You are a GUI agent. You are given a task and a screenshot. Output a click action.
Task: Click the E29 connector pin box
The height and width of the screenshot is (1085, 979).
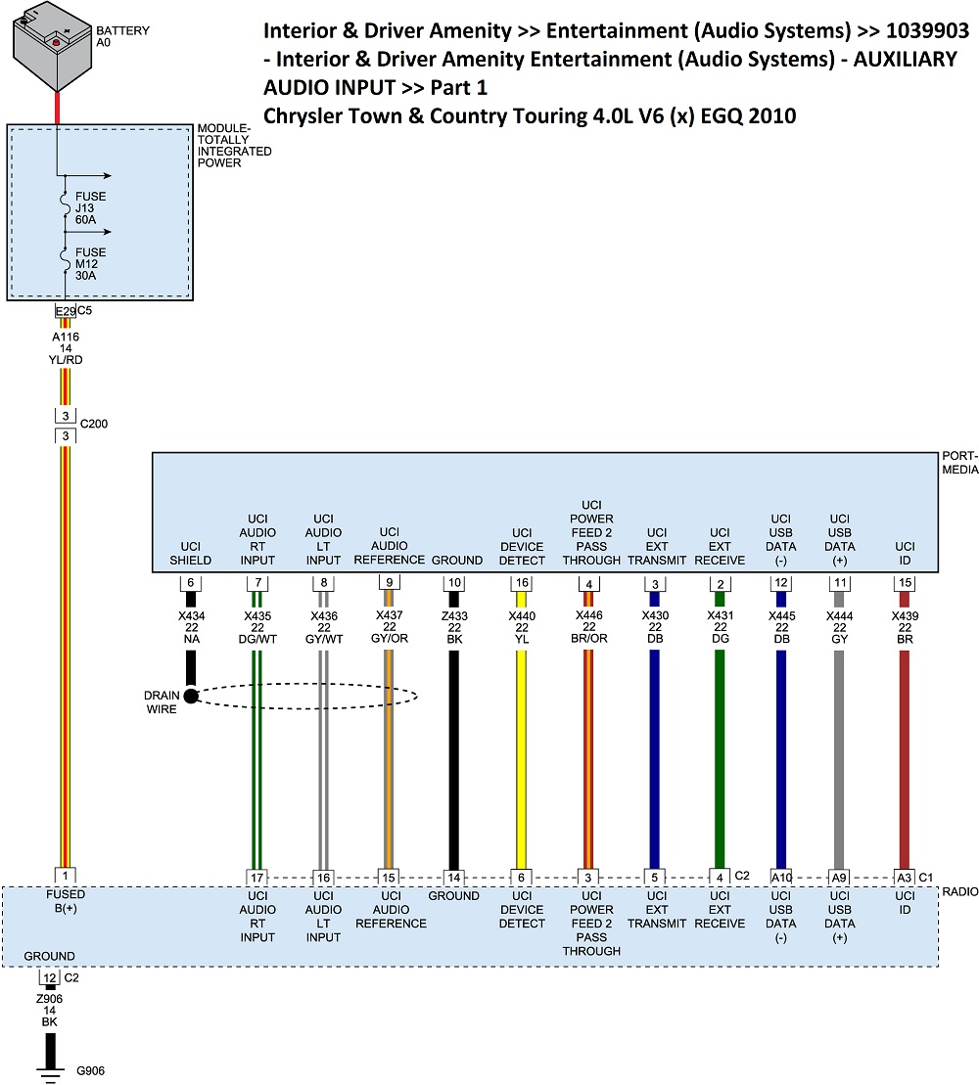(65, 311)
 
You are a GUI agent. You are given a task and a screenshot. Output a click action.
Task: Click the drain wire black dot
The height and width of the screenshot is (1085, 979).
(191, 696)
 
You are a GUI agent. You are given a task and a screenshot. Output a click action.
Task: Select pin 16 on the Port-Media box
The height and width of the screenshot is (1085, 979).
(522, 583)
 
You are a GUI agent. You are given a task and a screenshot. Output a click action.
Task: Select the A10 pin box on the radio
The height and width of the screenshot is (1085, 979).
(780, 878)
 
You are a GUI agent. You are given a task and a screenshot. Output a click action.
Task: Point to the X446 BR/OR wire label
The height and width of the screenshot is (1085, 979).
(590, 627)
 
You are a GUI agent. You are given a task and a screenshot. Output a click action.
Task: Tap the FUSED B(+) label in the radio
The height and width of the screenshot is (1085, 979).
(66, 901)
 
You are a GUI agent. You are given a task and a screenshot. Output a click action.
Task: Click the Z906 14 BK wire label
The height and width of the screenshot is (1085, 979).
(51, 1010)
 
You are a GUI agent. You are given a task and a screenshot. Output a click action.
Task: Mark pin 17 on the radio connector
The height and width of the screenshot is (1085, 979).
(257, 878)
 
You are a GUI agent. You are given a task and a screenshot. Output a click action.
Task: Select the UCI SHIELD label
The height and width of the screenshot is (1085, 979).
(191, 561)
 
